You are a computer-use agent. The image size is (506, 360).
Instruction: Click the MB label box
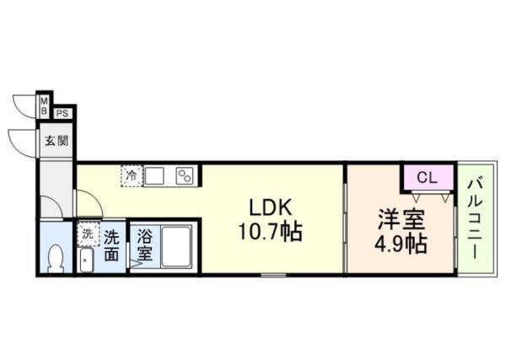(x=45, y=105)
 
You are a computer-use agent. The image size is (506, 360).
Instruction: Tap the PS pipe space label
(x=63, y=113)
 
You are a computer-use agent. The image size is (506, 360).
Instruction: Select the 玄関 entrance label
(x=57, y=140)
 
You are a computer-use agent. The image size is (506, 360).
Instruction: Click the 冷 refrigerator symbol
(x=132, y=176)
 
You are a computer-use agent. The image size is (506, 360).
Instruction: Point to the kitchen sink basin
(x=155, y=176)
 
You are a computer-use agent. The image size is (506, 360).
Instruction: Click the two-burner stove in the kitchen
(x=186, y=176)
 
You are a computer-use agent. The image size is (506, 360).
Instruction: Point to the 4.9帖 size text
(x=401, y=244)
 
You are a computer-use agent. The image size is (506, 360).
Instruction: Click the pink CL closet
(x=426, y=178)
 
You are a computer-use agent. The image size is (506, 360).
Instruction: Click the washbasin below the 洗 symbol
(x=86, y=259)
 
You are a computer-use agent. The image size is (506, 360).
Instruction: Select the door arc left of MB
(x=25, y=105)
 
